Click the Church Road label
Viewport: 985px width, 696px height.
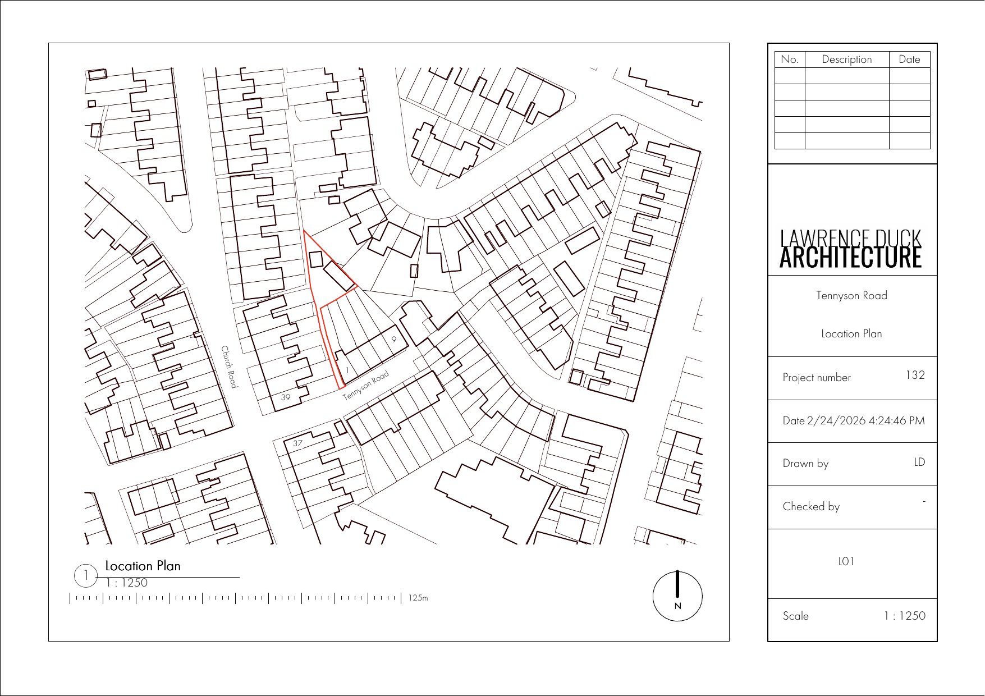click(230, 367)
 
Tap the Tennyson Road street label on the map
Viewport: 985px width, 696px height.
click(366, 385)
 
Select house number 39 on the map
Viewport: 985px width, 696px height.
click(286, 397)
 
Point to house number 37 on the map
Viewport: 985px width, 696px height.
click(297, 443)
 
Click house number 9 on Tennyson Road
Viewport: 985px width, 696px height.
click(394, 339)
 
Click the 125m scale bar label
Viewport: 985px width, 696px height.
click(418, 598)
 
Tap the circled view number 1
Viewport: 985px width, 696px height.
click(86, 575)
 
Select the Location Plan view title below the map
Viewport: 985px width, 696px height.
click(143, 566)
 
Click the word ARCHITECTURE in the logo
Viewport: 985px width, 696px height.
click(850, 258)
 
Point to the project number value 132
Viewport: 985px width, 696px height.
click(915, 375)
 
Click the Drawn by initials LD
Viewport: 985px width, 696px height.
click(919, 462)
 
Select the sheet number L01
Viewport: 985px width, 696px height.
click(846, 561)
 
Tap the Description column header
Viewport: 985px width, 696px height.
click(846, 59)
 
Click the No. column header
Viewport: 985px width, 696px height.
click(789, 59)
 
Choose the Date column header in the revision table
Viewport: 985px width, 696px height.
click(909, 59)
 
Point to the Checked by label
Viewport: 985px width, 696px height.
click(811, 506)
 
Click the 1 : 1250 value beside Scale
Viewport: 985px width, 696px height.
click(904, 616)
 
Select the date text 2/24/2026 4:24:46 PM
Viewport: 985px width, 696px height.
click(865, 420)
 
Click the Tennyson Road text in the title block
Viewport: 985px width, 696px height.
click(851, 296)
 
